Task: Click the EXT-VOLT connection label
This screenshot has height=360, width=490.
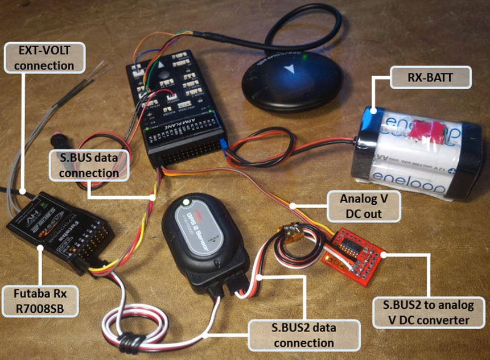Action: pos(44,58)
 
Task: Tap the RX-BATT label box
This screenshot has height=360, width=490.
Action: pos(431,78)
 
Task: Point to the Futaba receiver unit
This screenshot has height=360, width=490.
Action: pos(60,230)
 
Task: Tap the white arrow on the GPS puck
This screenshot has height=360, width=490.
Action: pos(290,70)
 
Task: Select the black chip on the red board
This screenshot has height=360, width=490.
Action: pos(351,245)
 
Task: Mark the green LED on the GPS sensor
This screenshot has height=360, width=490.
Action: pos(186,202)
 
